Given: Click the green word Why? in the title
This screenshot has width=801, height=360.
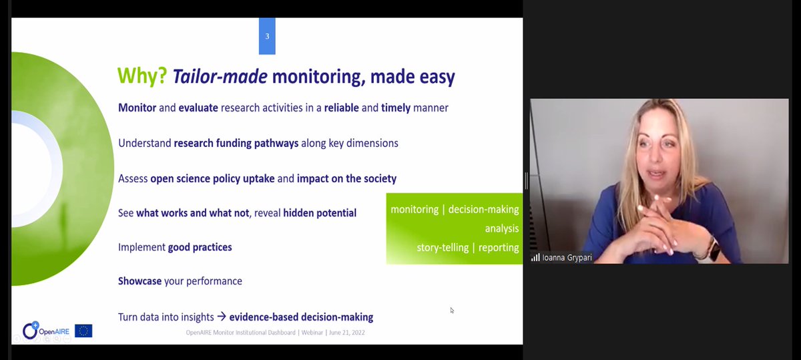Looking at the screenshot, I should click(142, 76).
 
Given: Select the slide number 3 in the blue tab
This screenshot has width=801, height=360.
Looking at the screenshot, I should click(267, 36).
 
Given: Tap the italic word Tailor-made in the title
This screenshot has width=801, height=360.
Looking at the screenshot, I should click(220, 76).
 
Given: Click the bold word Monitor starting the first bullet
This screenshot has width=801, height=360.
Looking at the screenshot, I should click(137, 108).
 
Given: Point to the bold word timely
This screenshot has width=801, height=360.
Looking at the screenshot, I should click(396, 108).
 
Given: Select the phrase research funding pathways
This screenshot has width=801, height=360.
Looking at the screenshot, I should click(236, 143).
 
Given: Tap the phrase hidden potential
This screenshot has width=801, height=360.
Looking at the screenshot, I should click(320, 213).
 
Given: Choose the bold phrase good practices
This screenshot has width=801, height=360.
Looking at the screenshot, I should click(200, 247).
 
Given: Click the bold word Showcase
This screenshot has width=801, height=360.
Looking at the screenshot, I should click(140, 281).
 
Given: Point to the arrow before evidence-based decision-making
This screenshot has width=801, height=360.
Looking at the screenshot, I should click(222, 317).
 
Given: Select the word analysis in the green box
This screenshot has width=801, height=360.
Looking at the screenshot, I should click(502, 228).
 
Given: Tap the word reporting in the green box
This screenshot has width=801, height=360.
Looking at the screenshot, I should click(498, 248).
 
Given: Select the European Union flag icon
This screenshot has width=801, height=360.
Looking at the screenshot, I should click(83, 331).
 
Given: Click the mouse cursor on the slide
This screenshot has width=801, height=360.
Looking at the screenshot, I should click(452, 310).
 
